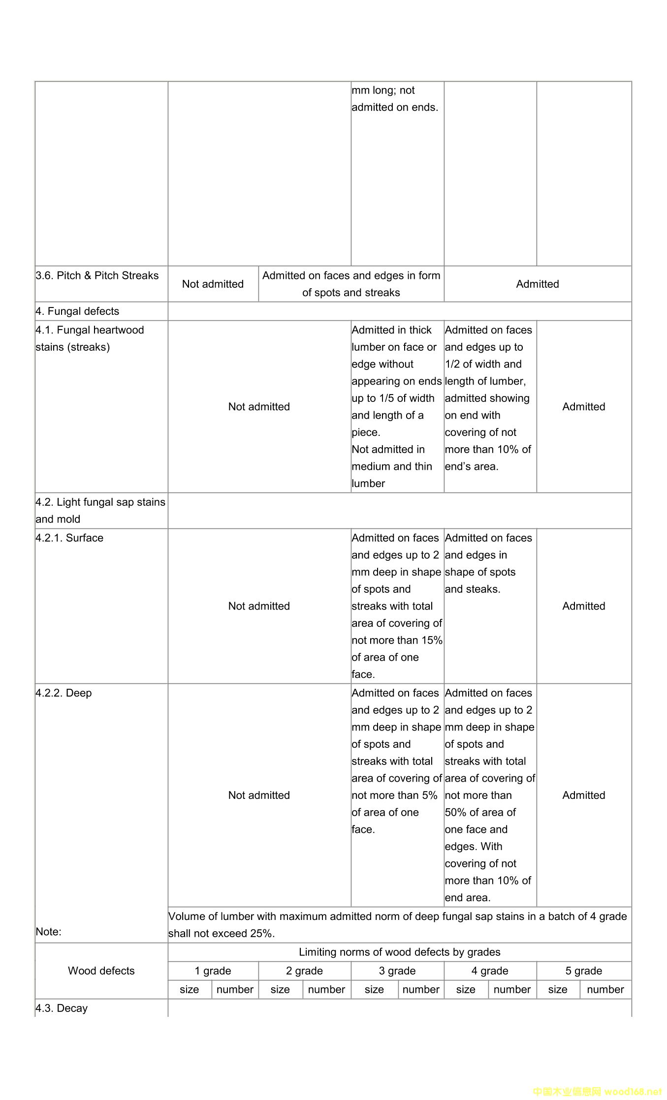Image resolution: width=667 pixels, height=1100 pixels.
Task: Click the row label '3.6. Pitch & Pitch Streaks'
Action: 97,275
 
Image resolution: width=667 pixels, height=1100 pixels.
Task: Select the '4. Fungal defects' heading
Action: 77,311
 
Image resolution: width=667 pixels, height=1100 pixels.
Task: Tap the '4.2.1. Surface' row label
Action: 69,538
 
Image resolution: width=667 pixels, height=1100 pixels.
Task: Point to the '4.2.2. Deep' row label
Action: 64,693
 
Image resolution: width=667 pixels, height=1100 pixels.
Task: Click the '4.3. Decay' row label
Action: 62,1008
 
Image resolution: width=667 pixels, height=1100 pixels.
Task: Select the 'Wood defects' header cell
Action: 101,971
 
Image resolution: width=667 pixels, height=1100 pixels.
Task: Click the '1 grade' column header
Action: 213,971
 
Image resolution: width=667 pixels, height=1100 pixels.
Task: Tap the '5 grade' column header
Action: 583,971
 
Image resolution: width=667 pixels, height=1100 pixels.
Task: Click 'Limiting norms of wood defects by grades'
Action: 399,952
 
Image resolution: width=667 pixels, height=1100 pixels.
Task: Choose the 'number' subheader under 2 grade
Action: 326,989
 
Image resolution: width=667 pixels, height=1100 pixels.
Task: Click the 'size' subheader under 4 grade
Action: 465,989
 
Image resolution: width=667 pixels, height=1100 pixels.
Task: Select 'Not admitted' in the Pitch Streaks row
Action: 213,284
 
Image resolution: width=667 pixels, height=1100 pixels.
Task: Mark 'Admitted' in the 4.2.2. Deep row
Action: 583,795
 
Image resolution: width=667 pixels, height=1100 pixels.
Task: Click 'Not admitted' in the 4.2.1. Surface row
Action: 259,606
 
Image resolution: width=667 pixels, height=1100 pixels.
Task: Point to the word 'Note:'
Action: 48,932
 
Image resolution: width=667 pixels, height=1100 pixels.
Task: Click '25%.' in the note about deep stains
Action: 262,934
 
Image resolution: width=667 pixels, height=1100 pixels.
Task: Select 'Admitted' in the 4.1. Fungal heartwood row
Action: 583,407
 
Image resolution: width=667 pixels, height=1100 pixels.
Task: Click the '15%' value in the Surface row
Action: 432,641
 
